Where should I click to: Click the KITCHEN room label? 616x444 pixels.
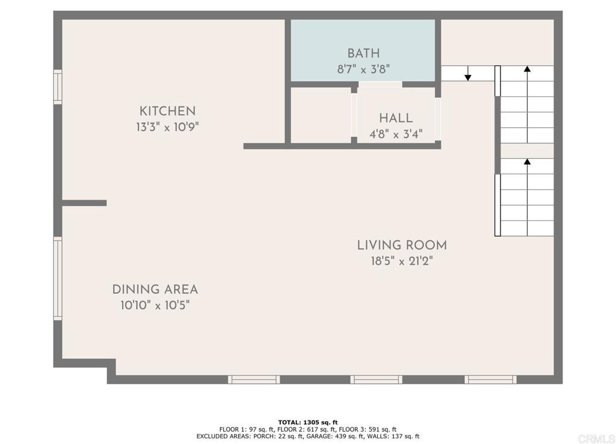(x=167, y=111)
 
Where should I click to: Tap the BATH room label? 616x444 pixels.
(x=363, y=53)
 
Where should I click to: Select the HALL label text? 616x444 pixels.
(x=396, y=118)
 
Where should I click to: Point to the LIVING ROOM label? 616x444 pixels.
(x=402, y=246)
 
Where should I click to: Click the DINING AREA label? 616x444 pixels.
(x=155, y=290)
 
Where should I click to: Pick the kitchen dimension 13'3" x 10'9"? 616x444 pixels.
(x=167, y=127)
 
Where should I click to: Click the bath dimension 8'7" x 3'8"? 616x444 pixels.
(x=363, y=70)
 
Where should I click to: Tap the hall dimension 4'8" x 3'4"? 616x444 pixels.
(x=396, y=134)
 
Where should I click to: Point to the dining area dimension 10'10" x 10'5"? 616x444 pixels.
(x=155, y=305)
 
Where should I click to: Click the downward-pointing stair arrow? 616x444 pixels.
(x=467, y=73)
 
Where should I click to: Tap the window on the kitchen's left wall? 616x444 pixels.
(x=58, y=87)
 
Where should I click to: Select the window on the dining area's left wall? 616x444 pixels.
(x=58, y=278)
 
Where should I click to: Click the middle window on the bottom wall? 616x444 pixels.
(x=377, y=379)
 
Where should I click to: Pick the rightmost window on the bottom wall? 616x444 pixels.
(x=490, y=379)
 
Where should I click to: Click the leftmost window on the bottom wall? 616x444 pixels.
(x=254, y=379)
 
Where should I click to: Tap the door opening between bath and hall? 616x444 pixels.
(x=380, y=84)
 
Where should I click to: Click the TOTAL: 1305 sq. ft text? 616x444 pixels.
(x=308, y=422)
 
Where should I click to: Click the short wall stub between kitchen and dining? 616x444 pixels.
(x=84, y=203)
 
